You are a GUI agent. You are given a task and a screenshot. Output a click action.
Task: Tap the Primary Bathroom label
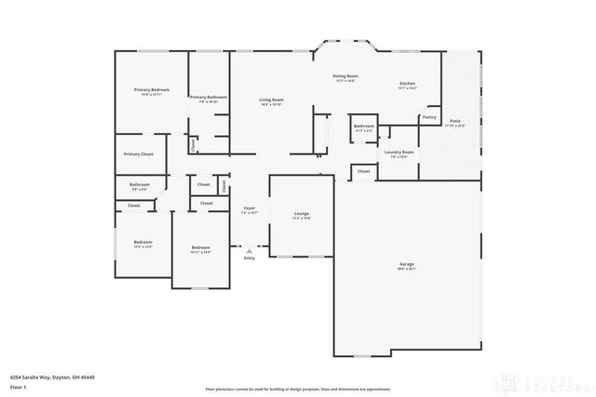209,97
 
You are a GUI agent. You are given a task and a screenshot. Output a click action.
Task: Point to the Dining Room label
345,76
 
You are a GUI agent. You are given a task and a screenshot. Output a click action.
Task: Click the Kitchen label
407,84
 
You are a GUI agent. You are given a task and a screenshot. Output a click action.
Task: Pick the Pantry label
428,117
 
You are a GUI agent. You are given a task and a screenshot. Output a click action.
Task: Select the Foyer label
249,208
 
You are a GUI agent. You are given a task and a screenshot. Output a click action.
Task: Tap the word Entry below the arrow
249,258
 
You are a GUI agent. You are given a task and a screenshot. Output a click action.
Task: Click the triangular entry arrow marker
249,250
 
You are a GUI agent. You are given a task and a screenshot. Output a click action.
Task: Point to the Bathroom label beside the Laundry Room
363,126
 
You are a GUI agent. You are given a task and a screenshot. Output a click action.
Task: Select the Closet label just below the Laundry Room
363,171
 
